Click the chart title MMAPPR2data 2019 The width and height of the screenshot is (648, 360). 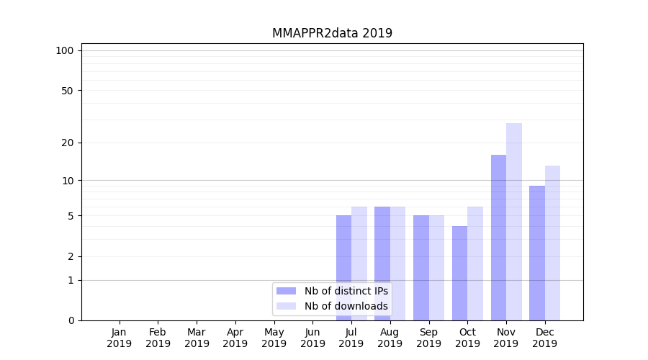(x=332, y=33)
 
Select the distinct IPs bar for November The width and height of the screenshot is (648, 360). (x=498, y=238)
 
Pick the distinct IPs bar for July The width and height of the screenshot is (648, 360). (x=343, y=268)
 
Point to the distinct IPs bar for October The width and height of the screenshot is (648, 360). (x=459, y=273)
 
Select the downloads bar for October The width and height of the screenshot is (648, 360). (x=475, y=264)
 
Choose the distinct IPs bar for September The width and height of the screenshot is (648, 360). (x=421, y=268)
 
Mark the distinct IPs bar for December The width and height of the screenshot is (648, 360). (x=537, y=253)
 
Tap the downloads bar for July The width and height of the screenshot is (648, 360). (x=359, y=264)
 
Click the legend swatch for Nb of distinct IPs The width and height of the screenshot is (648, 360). (x=286, y=291)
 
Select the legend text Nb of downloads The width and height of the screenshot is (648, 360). (x=346, y=306)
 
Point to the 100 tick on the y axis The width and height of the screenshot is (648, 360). (x=65, y=50)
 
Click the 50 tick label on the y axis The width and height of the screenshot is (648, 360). (x=67, y=91)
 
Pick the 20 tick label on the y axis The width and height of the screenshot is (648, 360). (x=67, y=143)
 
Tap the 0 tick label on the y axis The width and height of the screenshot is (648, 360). (x=71, y=320)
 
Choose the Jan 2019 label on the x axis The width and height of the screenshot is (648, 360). (x=120, y=338)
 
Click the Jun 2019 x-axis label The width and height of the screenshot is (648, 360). (x=312, y=338)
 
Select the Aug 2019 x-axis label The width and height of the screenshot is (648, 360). (x=390, y=338)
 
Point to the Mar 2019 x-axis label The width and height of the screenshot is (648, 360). (x=197, y=338)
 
